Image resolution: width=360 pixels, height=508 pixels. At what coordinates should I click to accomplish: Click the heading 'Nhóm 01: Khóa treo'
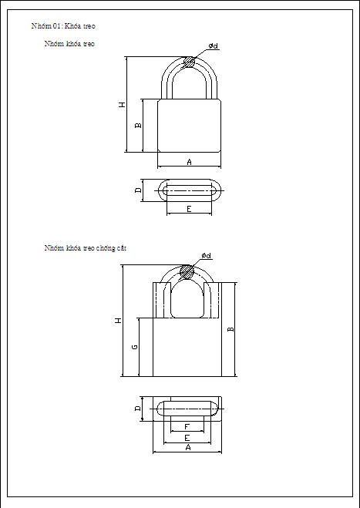pos(63,27)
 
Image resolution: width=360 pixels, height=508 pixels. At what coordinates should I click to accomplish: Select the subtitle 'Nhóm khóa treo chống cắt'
pos(85,248)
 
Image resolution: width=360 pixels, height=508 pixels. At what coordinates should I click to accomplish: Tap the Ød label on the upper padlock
pos(214,47)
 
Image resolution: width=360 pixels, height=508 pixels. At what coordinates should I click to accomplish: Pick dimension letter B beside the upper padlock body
pos(138,124)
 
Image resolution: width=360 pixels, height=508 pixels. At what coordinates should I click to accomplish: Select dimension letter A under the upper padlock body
pos(189,161)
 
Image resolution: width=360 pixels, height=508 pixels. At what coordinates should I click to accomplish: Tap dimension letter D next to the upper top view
pos(138,190)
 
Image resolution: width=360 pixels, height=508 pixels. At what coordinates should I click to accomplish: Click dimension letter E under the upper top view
pos(189,210)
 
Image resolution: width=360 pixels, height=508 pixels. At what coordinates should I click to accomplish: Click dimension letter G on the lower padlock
pos(134,348)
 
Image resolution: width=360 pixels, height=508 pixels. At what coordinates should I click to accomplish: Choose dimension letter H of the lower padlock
pos(118,320)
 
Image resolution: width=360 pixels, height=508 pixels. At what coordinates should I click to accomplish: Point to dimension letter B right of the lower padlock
pos(230,329)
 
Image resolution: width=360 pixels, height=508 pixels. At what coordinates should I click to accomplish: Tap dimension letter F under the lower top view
pos(187,427)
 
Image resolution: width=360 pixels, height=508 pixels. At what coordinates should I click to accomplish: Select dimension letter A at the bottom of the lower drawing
pos(187,448)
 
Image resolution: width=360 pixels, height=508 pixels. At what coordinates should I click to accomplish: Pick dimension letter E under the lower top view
pos(187,437)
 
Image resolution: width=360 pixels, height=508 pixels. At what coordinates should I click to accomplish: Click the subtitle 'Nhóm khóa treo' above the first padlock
pos(69,45)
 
